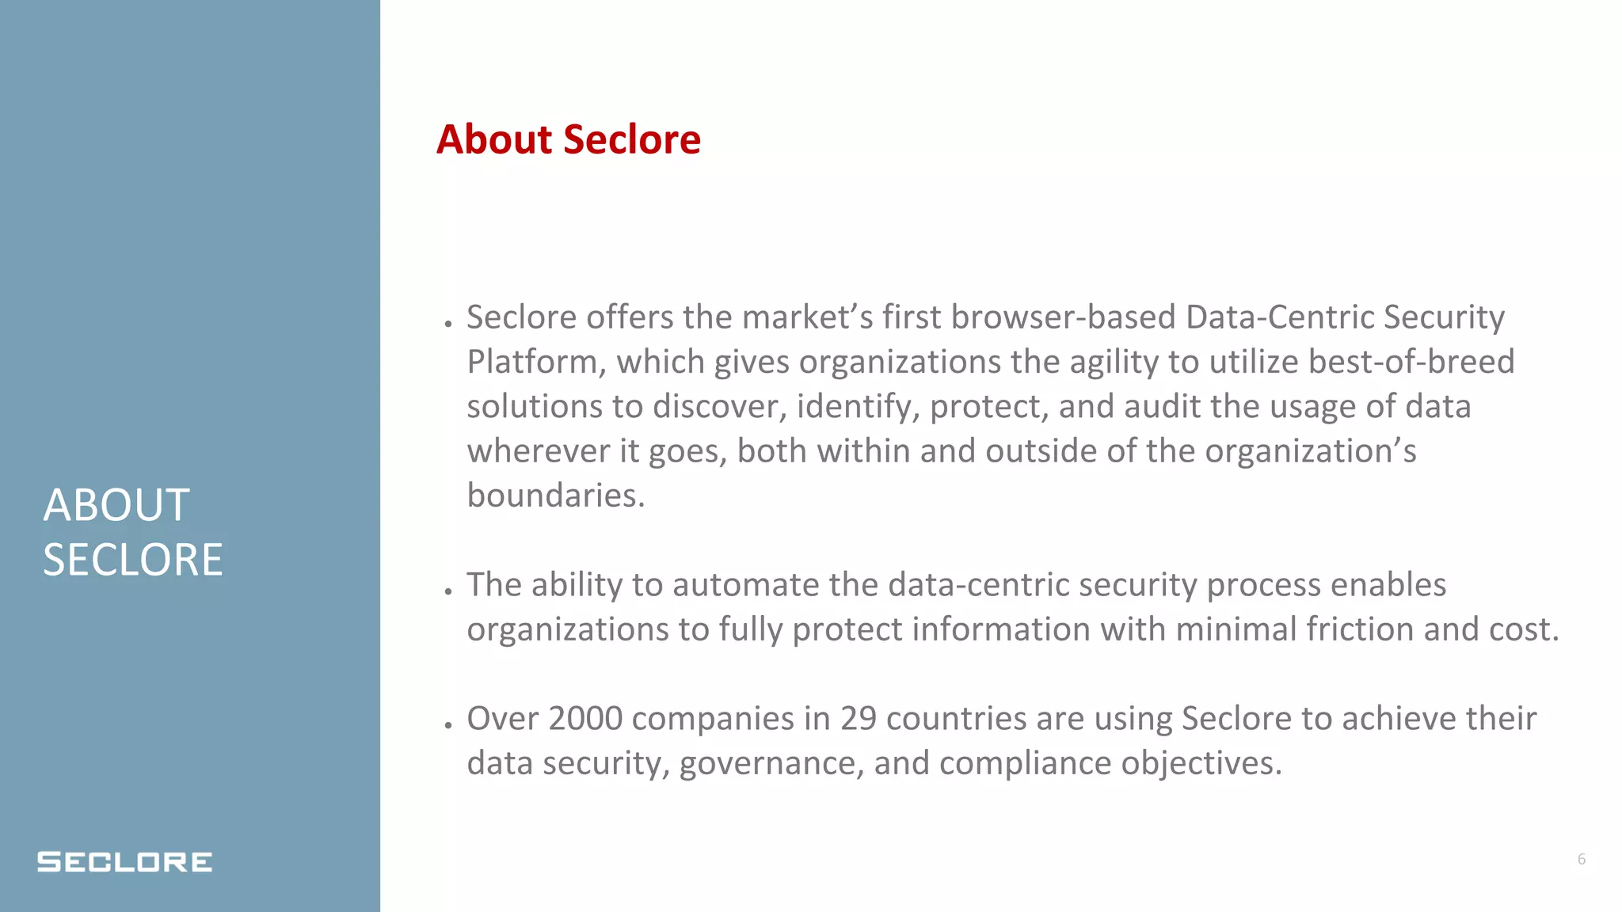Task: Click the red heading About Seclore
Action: (568, 139)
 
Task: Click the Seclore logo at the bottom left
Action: (124, 861)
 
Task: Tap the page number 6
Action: (1581, 859)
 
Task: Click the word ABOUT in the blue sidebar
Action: (116, 505)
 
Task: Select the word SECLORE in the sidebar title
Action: (132, 560)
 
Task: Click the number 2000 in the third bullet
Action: (585, 718)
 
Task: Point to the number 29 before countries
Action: (858, 718)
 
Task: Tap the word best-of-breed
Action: (1411, 362)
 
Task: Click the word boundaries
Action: (555, 496)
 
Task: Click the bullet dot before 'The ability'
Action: (448, 591)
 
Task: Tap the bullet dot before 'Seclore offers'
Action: (448, 324)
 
